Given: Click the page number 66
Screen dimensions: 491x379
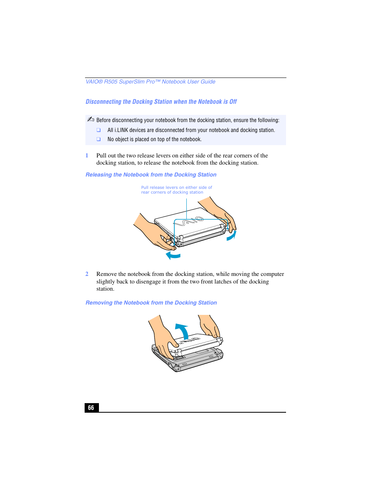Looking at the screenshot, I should [x=91, y=408].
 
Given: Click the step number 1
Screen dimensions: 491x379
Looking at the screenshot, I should [x=87, y=155].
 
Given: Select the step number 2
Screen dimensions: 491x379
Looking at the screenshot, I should [x=87, y=274].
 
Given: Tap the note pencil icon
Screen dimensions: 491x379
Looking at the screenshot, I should [x=91, y=119].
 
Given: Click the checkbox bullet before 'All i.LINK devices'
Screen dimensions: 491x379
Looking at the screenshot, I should [x=99, y=130].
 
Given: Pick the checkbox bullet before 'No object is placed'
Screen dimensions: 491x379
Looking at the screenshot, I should [x=99, y=139].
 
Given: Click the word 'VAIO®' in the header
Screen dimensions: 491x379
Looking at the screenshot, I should [x=94, y=82].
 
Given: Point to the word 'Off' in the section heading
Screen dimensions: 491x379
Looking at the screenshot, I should [x=233, y=102].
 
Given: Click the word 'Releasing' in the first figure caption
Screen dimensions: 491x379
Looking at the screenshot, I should [x=99, y=175].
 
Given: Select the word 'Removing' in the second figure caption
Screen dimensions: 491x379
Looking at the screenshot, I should [x=99, y=303].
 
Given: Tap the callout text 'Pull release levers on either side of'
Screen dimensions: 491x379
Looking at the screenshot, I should [x=176, y=187].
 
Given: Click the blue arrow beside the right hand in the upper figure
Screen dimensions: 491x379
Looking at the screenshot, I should [x=232, y=236].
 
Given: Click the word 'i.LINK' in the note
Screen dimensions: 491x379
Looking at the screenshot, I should [x=122, y=130].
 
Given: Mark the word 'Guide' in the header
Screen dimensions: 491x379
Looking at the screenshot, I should [x=208, y=82].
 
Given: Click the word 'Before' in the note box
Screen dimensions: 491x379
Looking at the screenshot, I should [x=103, y=120].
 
